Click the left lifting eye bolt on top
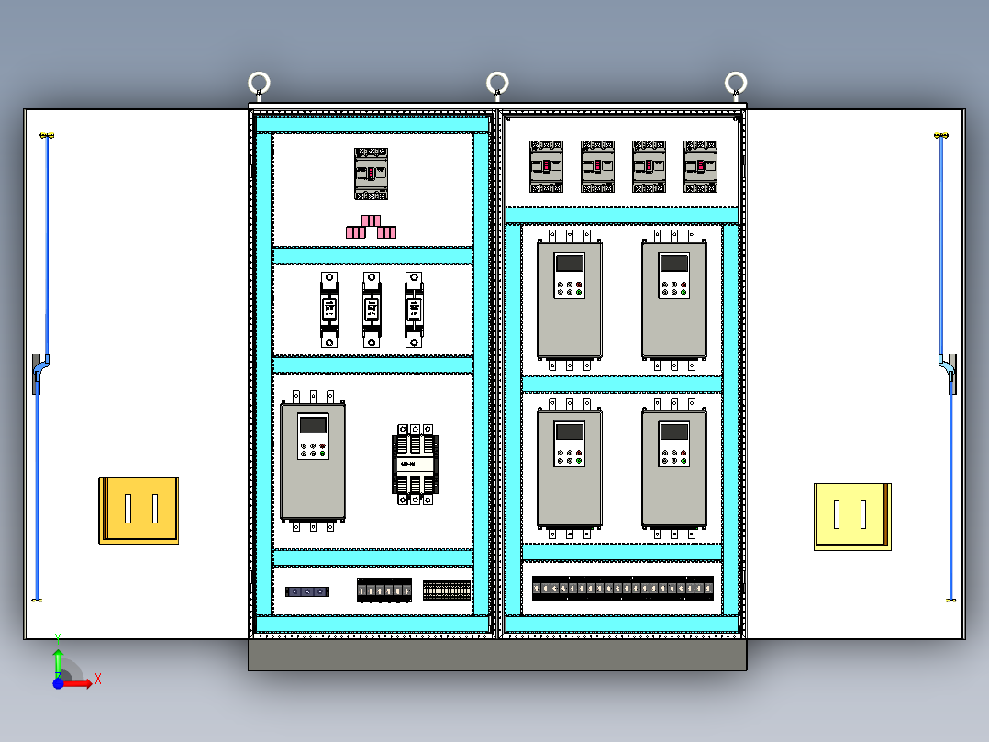pos(260,84)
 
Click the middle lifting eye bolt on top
pos(497,84)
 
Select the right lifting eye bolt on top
pos(735,84)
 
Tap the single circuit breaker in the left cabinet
pos(372,174)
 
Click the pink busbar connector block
pos(371,227)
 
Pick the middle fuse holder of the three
pos(371,309)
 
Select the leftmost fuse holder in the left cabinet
pos(329,309)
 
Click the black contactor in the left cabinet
pos(415,464)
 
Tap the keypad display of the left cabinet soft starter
pos(313,425)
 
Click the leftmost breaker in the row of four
pos(546,166)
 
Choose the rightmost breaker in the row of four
pos(700,166)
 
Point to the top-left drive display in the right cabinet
pos(570,263)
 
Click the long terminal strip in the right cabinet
pos(622,588)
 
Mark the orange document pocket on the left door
pos(139,510)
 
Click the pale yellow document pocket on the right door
pos(852,516)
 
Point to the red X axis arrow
pos(83,683)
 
